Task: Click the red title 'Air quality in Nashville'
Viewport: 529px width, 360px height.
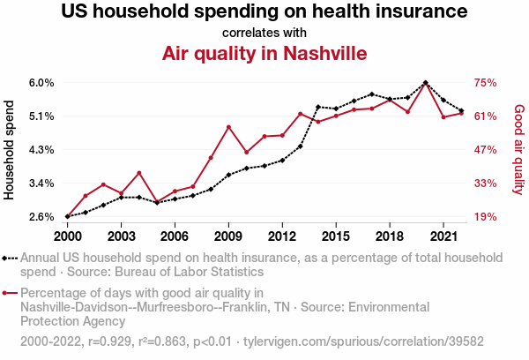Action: coord(264,54)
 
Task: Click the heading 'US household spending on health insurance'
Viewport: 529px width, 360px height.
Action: coord(264,12)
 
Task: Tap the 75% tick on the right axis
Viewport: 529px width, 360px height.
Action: coord(486,83)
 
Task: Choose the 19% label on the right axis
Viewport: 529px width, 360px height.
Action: coord(486,217)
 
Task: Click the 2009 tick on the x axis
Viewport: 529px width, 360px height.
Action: coord(228,236)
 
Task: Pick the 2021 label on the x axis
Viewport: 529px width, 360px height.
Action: coord(443,236)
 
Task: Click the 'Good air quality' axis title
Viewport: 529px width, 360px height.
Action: coord(518,150)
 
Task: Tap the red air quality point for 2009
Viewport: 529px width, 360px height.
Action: coord(228,127)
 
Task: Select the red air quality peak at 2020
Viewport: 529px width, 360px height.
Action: coord(425,84)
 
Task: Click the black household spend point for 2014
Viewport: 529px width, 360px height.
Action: coord(317,107)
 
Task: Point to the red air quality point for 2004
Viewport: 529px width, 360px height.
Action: coord(139,173)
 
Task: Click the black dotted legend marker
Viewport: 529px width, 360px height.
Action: coord(10,258)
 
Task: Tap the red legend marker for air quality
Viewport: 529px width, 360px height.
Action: coord(10,293)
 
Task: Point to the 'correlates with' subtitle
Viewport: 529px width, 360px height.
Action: coord(264,34)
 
